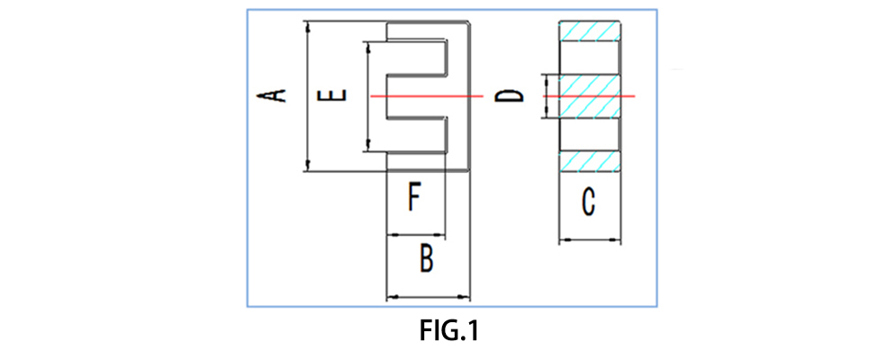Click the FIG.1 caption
448,330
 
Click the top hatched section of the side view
591,32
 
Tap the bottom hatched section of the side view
591,161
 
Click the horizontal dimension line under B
428,297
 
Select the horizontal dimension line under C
591,239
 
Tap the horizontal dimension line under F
415,235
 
